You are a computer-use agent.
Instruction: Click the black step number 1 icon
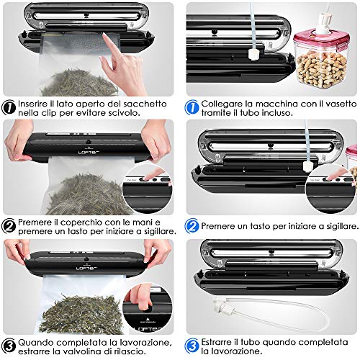point(9,108)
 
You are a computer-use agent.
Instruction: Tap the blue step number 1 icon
point(192,108)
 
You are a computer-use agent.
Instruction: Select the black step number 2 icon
point(9,226)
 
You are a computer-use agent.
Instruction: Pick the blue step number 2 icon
point(192,226)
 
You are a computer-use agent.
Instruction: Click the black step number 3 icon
point(9,346)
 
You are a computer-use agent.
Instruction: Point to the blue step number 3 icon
point(192,346)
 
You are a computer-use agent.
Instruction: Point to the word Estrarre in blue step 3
point(217,342)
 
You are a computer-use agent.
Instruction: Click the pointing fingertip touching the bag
point(105,37)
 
